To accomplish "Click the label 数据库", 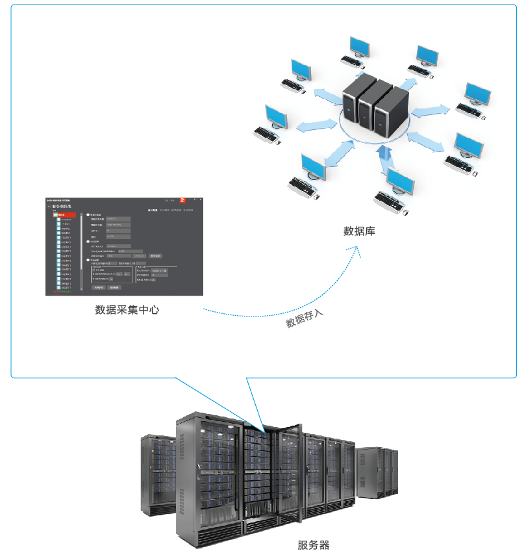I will click(359, 231).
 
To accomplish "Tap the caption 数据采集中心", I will click(127, 310).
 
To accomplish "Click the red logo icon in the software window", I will click(183, 201).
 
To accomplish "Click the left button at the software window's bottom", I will click(98, 287).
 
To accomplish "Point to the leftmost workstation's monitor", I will click(276, 116).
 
